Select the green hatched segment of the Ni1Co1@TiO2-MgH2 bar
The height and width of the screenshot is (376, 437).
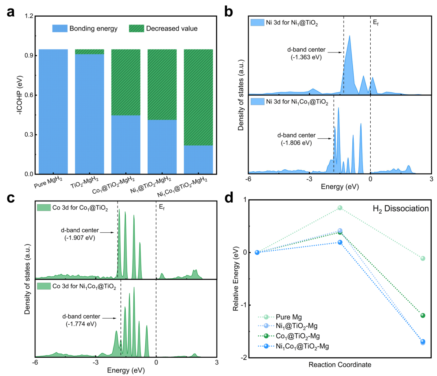click(199, 97)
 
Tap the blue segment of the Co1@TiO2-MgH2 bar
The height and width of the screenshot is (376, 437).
click(126, 144)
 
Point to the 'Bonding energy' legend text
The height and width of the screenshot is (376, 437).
click(93, 28)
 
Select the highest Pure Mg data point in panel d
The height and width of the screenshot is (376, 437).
click(340, 208)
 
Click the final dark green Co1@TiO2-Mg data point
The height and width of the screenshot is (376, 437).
click(423, 315)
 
